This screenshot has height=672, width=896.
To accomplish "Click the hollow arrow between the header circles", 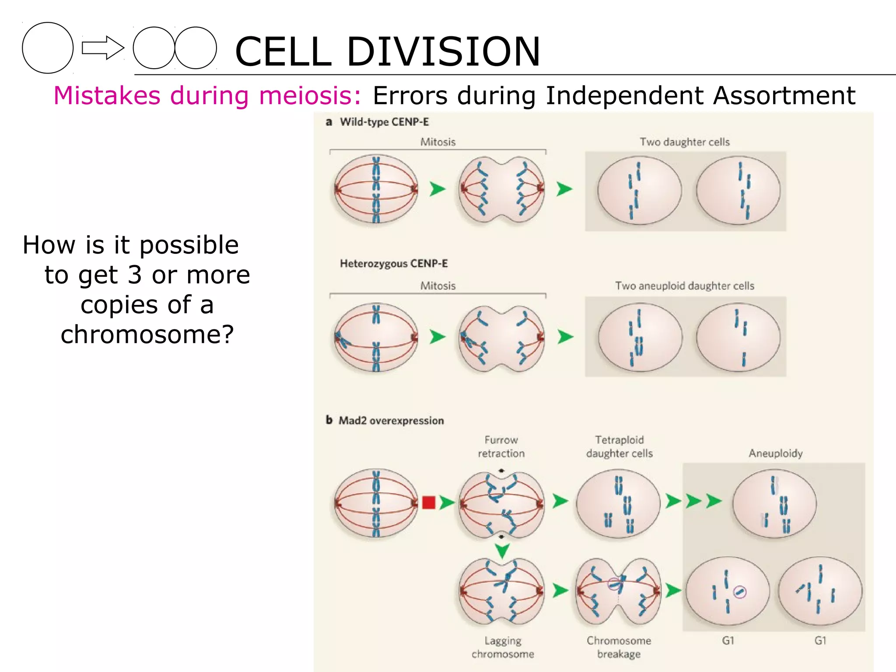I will [103, 48].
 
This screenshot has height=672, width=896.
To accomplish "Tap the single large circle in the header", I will [48, 48].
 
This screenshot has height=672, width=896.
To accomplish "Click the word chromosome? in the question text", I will [147, 335].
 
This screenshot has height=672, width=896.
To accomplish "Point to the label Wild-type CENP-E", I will [384, 122].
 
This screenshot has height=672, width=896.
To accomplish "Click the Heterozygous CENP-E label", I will [394, 263].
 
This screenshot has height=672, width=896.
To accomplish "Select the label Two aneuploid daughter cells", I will [685, 286].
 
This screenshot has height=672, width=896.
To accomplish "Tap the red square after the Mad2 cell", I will [429, 502].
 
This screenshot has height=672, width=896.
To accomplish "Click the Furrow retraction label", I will [501, 447].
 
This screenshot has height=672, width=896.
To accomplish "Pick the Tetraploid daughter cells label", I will [619, 447].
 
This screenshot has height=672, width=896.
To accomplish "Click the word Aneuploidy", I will [775, 453].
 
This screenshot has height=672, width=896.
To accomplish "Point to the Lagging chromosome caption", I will [503, 647].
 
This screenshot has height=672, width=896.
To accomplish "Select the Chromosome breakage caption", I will [619, 647].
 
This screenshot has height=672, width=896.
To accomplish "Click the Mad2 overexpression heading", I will [391, 420].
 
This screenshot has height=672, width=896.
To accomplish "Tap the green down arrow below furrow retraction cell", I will [502, 550].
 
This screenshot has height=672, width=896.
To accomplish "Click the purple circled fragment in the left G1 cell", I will [739, 592].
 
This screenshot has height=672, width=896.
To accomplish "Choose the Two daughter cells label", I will [685, 142].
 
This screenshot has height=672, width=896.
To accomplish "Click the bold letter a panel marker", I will [329, 122].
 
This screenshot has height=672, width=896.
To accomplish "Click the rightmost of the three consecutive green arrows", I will [714, 501].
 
